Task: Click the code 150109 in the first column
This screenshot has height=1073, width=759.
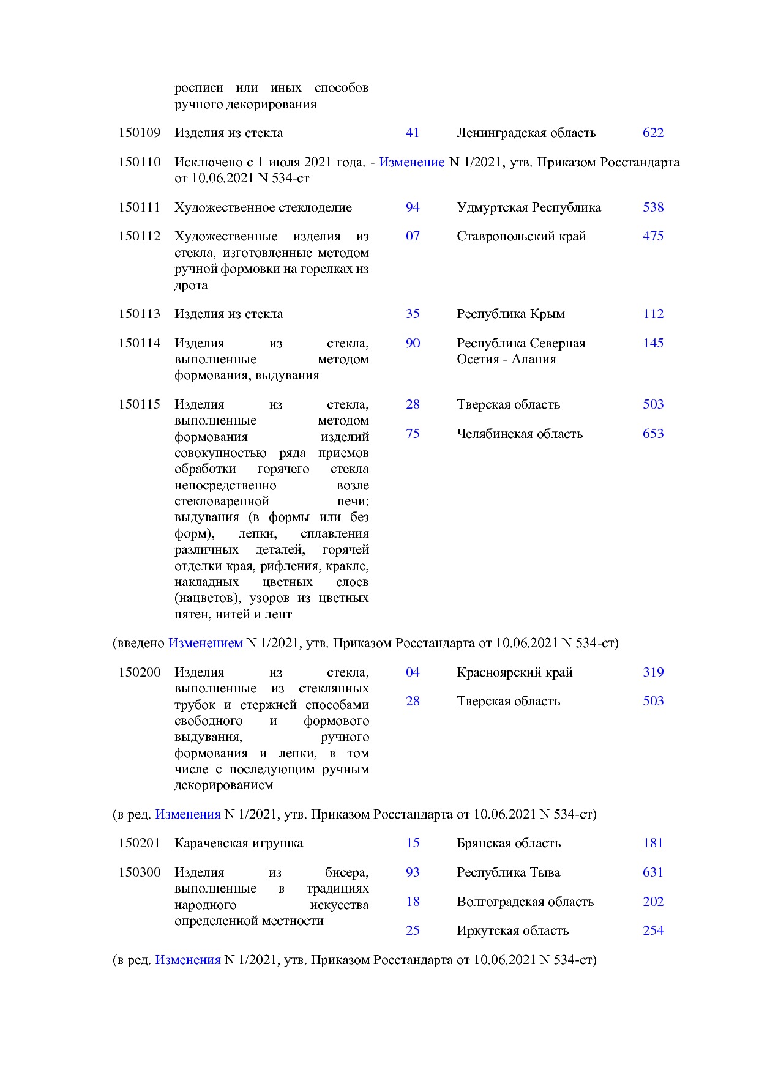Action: (139, 133)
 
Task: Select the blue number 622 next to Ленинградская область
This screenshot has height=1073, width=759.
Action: (652, 133)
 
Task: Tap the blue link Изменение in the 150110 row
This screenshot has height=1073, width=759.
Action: (411, 162)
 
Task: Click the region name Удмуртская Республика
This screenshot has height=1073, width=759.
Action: (528, 207)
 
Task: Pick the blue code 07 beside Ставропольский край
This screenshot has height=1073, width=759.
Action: (413, 236)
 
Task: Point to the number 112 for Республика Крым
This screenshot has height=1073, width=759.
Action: (652, 314)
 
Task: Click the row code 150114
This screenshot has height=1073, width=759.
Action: (139, 343)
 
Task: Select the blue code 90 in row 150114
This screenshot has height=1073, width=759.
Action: (413, 343)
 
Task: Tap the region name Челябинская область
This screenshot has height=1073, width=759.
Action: (519, 434)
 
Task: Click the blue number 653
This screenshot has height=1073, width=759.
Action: (652, 434)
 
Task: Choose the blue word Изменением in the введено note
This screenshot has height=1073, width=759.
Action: (205, 643)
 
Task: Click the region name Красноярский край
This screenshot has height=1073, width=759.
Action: (514, 672)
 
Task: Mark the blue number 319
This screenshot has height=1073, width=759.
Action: (652, 672)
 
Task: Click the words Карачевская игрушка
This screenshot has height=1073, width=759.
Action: (239, 843)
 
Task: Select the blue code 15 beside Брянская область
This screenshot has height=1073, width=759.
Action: (413, 843)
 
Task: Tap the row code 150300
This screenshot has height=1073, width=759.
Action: (139, 872)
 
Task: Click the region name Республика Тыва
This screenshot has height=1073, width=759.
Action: (508, 872)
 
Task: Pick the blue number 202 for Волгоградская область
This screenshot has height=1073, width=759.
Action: (652, 902)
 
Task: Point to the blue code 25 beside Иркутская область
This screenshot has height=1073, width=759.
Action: (413, 930)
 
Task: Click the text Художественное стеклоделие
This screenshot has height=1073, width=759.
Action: (263, 207)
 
